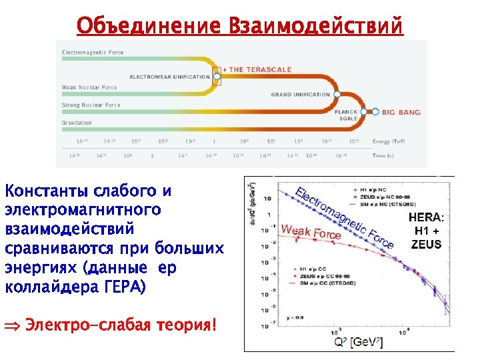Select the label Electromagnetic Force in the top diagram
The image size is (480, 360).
pyautogui.click(x=93, y=52)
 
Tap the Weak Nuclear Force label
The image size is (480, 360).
pyautogui.click(x=89, y=87)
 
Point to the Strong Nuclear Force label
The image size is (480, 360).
pyautogui.click(x=91, y=105)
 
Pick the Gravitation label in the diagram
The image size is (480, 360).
pyautogui.click(x=77, y=123)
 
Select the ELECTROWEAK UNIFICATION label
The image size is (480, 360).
pyautogui.click(x=169, y=77)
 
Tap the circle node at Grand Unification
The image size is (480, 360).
pyautogui.click(x=336, y=95)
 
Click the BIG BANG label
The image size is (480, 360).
pyautogui.click(x=401, y=113)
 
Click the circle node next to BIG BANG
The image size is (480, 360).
pyautogui.click(x=375, y=112)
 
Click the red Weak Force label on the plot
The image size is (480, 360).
pyautogui.click(x=311, y=231)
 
